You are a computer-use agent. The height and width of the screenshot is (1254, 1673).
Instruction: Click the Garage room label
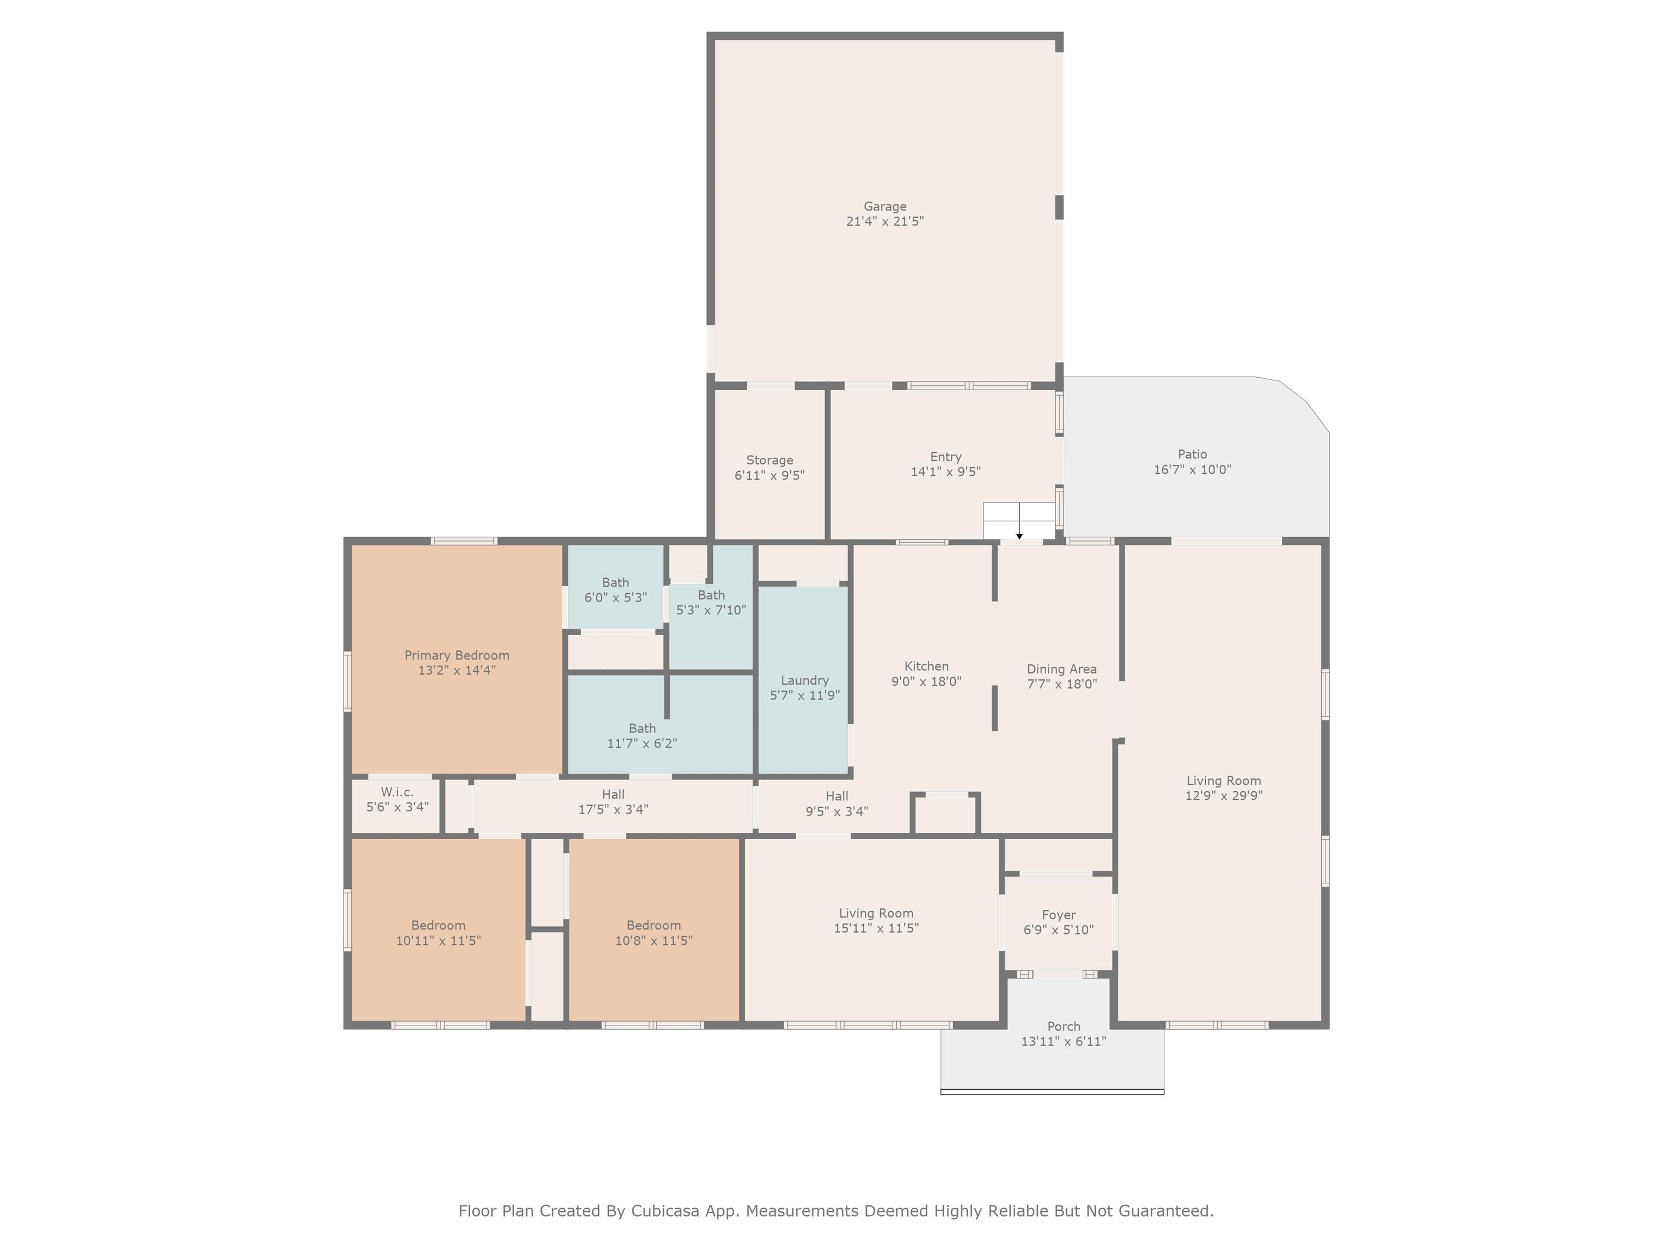(885, 206)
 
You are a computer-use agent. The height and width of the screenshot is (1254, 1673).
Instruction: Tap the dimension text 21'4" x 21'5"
(885, 222)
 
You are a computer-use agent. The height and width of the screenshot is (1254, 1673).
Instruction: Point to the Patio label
(1192, 454)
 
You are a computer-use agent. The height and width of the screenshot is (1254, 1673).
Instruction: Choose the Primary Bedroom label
(457, 655)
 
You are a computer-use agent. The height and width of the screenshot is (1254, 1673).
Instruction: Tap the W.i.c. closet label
(397, 792)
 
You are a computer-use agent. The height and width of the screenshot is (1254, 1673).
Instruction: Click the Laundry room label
(805, 680)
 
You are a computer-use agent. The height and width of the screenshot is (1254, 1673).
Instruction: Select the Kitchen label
(926, 666)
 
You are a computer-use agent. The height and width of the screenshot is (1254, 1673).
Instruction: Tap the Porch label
(1064, 1026)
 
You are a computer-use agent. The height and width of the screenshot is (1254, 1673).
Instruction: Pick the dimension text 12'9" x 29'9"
(1224, 795)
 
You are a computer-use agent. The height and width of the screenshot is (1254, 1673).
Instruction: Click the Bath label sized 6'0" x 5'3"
(615, 583)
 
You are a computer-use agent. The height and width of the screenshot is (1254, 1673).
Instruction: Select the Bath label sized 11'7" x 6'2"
(642, 729)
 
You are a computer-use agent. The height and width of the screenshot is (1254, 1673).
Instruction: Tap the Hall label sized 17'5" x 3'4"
(613, 795)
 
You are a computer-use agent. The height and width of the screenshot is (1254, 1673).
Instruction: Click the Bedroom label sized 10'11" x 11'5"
(438, 926)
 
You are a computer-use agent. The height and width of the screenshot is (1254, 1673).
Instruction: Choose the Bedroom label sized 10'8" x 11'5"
(654, 926)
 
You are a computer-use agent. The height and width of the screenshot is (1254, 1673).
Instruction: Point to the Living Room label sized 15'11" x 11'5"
(876, 914)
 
